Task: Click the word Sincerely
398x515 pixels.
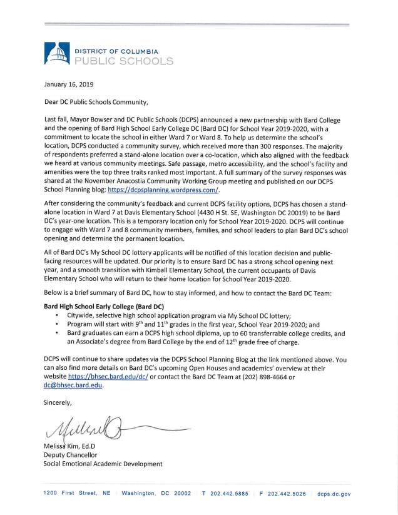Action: click(58, 402)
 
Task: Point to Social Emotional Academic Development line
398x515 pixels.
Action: click(103, 464)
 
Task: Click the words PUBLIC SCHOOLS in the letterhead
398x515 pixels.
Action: click(123, 61)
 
